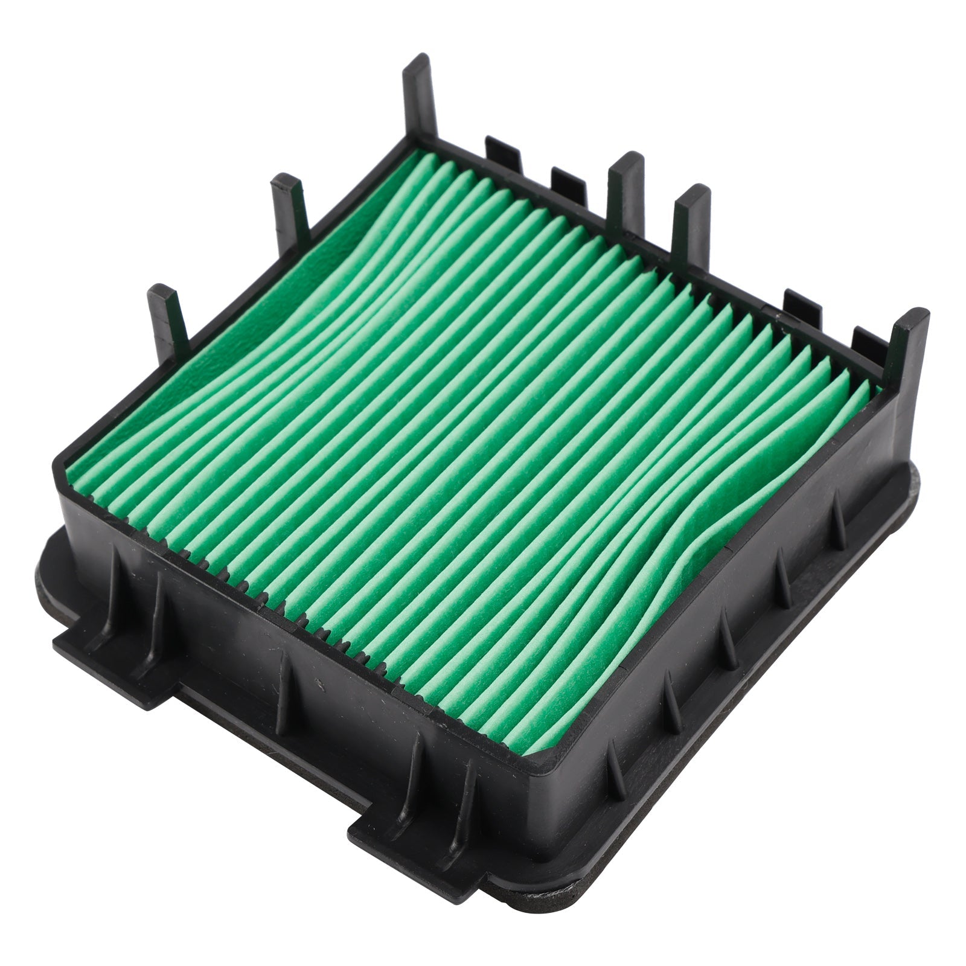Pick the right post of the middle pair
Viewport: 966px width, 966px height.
[692, 223]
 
